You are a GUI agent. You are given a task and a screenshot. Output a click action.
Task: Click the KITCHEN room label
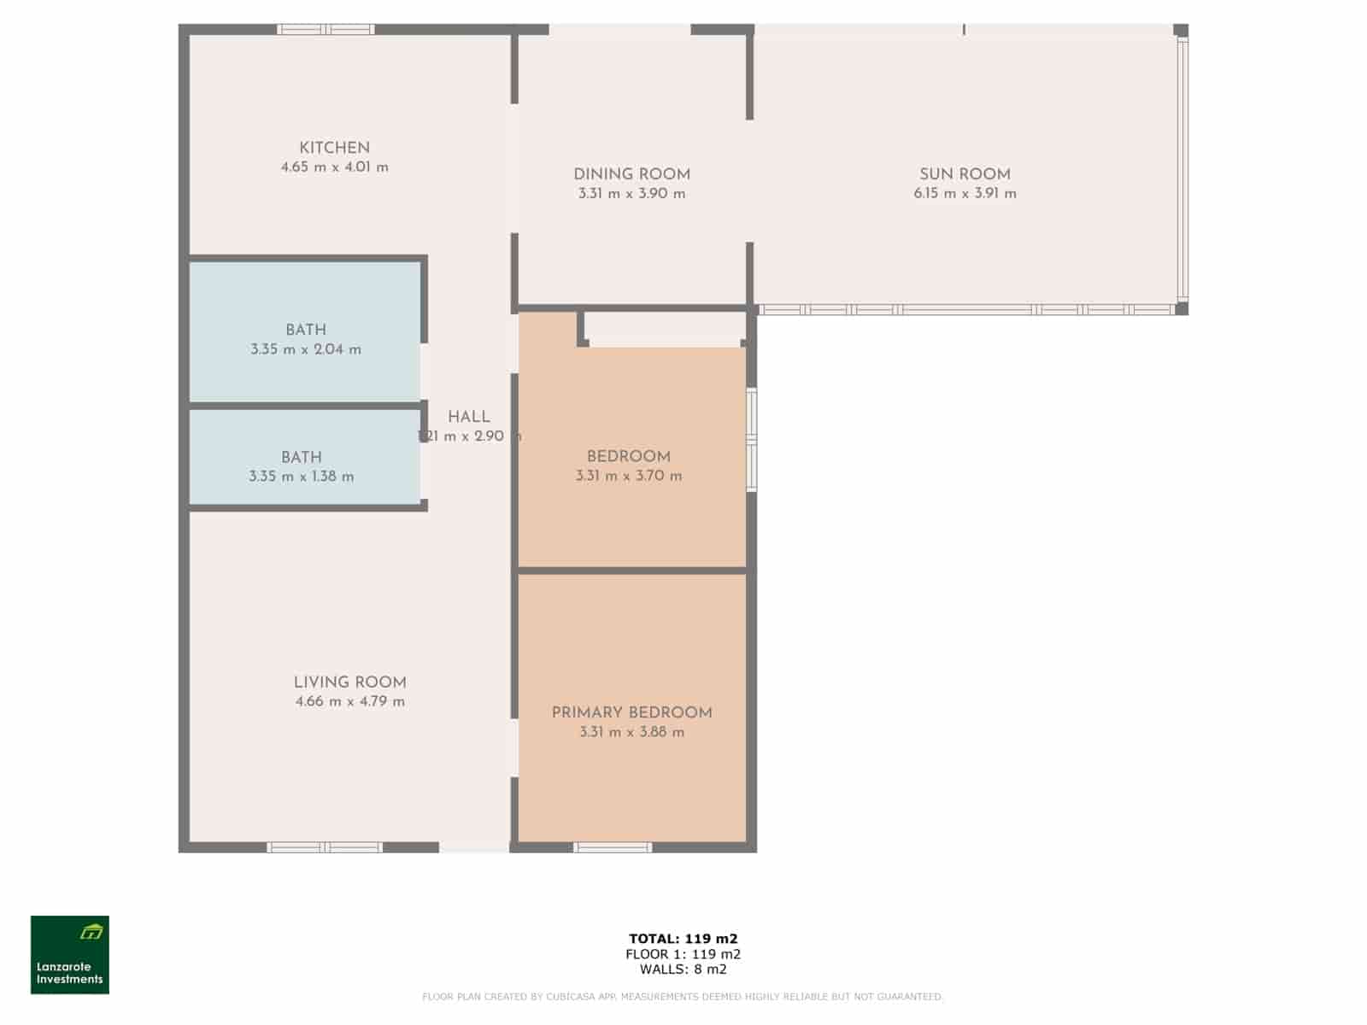[x=334, y=148]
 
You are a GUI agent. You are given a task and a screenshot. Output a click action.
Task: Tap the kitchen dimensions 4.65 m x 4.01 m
[x=334, y=167]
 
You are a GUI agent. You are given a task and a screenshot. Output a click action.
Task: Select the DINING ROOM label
[x=631, y=174]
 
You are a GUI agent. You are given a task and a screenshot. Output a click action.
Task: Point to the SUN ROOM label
[x=965, y=174]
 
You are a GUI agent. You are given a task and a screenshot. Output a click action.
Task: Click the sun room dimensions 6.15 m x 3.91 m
[x=965, y=194]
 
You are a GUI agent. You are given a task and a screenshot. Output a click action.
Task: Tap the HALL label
[x=469, y=417]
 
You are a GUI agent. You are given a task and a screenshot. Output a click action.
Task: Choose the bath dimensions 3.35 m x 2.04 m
[x=306, y=349]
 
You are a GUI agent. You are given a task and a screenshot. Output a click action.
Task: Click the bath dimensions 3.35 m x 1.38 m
[x=302, y=477]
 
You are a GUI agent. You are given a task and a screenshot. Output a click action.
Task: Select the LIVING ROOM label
[x=349, y=682]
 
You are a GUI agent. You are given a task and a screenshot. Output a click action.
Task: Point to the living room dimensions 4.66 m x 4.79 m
[x=349, y=702]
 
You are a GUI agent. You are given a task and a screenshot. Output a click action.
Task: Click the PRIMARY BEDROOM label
[x=631, y=712]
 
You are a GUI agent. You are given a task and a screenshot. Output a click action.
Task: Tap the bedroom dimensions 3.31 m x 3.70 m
[x=629, y=476]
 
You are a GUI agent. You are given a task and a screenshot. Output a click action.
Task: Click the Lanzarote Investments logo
[x=70, y=955]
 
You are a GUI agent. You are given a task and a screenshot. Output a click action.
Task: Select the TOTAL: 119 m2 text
[x=683, y=939]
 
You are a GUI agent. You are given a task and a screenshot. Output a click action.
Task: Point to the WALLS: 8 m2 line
[x=683, y=969]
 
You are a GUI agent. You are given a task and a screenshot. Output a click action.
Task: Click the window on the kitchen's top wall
[x=326, y=30]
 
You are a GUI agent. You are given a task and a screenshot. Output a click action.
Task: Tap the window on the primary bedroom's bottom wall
[x=613, y=847]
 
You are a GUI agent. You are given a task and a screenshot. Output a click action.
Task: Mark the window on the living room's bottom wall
[x=325, y=847]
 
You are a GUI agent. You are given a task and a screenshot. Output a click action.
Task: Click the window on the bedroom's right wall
[x=752, y=440]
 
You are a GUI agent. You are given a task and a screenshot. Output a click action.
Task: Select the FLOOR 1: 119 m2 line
[x=683, y=954]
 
